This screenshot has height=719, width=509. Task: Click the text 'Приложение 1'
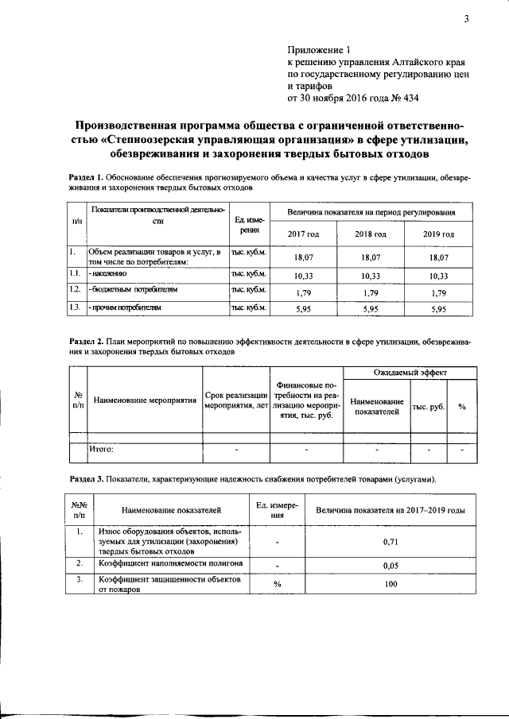pyautogui.click(x=317, y=49)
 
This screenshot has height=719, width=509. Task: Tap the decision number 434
pyautogui.click(x=405, y=99)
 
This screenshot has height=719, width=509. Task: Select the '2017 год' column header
pyautogui.click(x=302, y=234)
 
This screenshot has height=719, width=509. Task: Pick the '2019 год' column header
pyautogui.click(x=438, y=234)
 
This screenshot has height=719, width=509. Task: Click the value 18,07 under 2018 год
pyautogui.click(x=371, y=258)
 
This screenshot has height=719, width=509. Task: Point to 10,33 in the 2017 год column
pyautogui.click(x=302, y=276)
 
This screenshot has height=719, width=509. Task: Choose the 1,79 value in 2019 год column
pyautogui.click(x=438, y=292)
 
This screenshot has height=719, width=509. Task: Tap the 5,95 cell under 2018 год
pyautogui.click(x=371, y=308)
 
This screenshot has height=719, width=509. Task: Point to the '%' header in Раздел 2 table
pyautogui.click(x=461, y=407)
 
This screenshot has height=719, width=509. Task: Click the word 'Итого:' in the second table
pyautogui.click(x=101, y=449)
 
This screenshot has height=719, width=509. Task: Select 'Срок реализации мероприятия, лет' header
pyautogui.click(x=235, y=400)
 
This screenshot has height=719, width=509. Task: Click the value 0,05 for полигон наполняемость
pyautogui.click(x=390, y=566)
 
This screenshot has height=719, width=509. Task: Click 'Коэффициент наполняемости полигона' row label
pyautogui.click(x=170, y=563)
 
